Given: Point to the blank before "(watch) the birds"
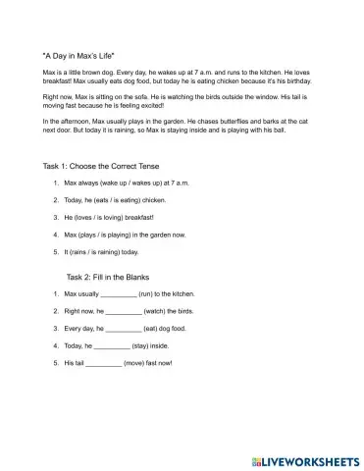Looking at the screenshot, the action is coord(124,311).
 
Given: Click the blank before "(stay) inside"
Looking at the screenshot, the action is coord(112,346).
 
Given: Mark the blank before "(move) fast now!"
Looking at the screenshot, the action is coord(104,364).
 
